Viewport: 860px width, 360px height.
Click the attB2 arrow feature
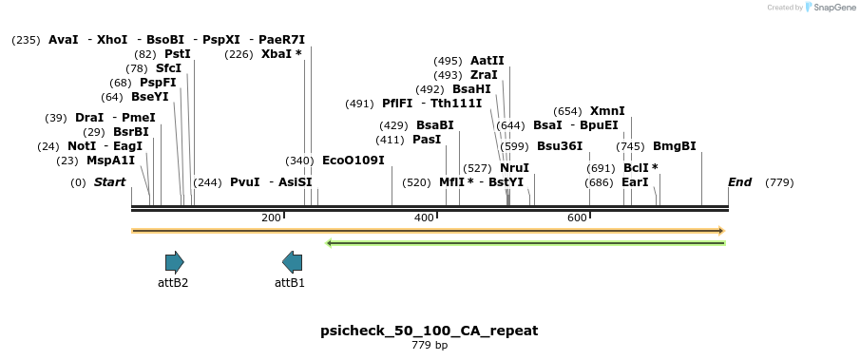click(x=174, y=262)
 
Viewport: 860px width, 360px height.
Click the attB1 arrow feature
click(x=293, y=262)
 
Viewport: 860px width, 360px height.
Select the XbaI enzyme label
click(x=276, y=54)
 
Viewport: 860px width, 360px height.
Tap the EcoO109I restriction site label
click(x=354, y=161)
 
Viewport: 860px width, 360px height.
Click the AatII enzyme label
click(x=487, y=61)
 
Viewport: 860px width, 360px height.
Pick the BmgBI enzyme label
click(x=675, y=146)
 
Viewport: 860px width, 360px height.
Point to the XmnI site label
click(x=607, y=111)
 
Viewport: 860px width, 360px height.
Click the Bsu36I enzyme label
click(x=560, y=146)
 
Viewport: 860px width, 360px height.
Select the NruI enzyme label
click(x=514, y=168)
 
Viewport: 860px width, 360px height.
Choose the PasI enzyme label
click(x=427, y=140)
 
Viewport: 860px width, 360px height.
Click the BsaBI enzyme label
click(x=435, y=125)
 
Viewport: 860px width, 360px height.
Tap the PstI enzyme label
click(x=178, y=54)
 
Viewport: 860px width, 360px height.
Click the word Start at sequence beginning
click(x=109, y=182)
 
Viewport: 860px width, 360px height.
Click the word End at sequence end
click(x=739, y=182)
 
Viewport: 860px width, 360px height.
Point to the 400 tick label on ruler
click(x=424, y=218)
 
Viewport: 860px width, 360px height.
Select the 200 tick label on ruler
click(x=271, y=218)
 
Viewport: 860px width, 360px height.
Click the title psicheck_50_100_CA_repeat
click(x=430, y=331)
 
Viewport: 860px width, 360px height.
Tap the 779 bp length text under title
click(x=430, y=345)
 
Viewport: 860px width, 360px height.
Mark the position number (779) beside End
click(x=779, y=182)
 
